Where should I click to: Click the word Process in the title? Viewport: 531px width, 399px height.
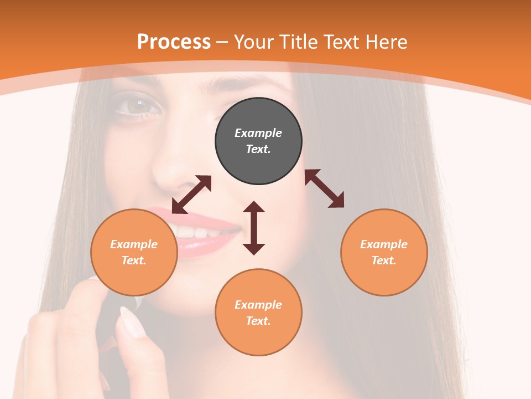tap(174, 42)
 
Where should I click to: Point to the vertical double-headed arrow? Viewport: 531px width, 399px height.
tap(254, 228)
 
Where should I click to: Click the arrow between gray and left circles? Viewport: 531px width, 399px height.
tap(191, 195)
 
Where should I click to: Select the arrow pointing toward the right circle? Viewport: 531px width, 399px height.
tap(324, 188)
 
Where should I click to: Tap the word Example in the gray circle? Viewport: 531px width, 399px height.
tap(258, 133)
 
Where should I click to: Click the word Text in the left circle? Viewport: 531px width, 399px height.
tap(133, 260)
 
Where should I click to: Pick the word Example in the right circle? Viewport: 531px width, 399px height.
tap(384, 244)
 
